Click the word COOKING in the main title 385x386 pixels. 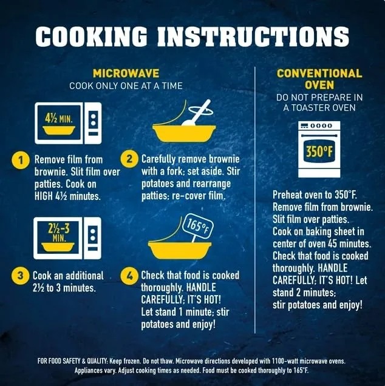click(x=92, y=36)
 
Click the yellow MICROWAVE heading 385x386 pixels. click(x=126, y=73)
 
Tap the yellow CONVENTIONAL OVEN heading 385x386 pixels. click(x=319, y=79)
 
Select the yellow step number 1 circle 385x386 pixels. click(x=21, y=161)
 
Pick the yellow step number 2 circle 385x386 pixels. click(x=129, y=159)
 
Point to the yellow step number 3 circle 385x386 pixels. click(x=20, y=276)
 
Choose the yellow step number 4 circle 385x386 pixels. click(x=129, y=276)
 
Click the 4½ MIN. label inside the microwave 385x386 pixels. click(x=59, y=119)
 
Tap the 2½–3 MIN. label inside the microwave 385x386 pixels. click(x=59, y=233)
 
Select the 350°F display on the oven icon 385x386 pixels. click(x=319, y=151)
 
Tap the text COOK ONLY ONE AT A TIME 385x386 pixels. click(x=126, y=86)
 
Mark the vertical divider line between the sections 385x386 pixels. click(x=255, y=199)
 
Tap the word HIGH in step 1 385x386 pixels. click(x=44, y=196)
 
